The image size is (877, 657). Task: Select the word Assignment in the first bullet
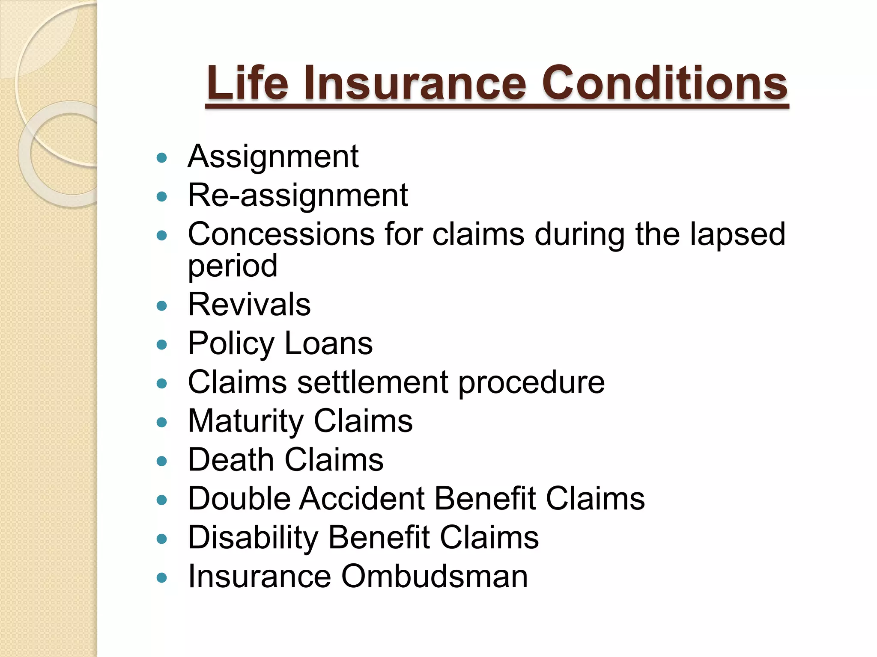pos(273,157)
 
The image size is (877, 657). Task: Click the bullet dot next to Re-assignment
pos(162,197)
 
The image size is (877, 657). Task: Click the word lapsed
pos(737,234)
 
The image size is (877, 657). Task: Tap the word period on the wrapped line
pos(233,266)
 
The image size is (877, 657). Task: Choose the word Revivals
pos(249,305)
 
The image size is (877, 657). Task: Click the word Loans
pos(328,343)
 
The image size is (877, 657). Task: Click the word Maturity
pos(245,421)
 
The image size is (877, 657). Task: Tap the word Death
pos(231,460)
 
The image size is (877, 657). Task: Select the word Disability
pos(253,538)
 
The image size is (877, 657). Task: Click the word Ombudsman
pos(434,576)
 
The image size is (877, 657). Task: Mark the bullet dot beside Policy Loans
pos(162,345)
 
